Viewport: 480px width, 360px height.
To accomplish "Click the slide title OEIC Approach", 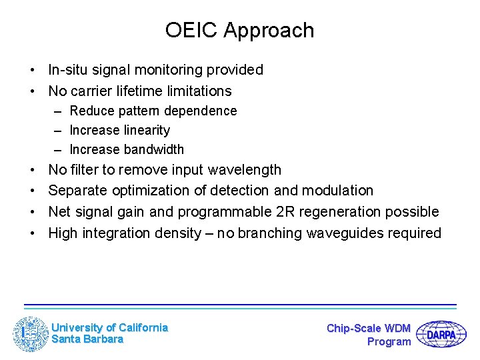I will click(x=239, y=31).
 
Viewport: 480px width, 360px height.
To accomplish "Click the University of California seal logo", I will click(x=31, y=333).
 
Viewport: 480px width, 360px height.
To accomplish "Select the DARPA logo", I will click(x=441, y=334).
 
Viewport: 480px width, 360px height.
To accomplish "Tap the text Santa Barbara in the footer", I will click(x=87, y=339).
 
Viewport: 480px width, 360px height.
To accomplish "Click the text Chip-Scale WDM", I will click(x=369, y=328).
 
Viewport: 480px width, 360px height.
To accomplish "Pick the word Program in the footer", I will click(x=389, y=342).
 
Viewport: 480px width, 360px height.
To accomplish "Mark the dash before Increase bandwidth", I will click(x=59, y=150).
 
